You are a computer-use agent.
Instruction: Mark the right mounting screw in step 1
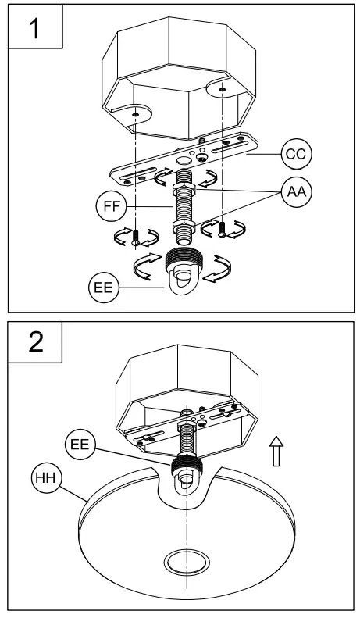pos(223,228)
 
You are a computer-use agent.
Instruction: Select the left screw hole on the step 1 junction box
pos(135,114)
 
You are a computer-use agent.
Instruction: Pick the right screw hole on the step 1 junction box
pos(223,90)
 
